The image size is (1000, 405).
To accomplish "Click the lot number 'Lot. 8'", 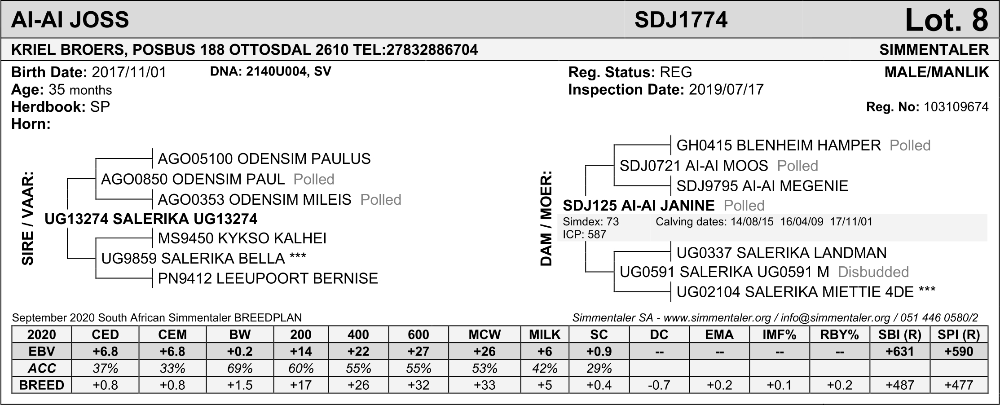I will point(947,20).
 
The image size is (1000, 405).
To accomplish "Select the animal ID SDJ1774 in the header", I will point(681,20).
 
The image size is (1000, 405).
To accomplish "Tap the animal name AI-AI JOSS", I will point(70,20).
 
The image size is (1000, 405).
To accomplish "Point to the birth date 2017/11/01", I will point(129,72).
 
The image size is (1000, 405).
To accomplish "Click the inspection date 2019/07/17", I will point(726,90).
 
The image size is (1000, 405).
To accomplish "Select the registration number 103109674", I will point(956,107).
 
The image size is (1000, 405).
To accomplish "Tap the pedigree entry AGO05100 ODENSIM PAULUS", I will point(264,159).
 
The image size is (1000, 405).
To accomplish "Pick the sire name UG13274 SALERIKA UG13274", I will point(151,219).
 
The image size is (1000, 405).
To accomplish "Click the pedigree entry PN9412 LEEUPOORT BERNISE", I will point(268,279).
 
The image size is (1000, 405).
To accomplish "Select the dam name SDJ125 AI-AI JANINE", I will point(639,206).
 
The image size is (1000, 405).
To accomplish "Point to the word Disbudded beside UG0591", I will point(873,272).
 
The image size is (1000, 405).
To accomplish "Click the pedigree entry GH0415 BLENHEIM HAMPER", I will point(779,145).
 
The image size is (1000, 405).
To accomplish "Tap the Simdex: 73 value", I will point(590,222).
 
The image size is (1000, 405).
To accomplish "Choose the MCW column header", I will point(485,335).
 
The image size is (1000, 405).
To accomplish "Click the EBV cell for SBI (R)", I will point(899,352).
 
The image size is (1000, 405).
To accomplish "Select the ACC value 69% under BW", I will point(240,369).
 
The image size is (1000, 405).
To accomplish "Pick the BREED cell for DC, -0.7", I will point(659,385).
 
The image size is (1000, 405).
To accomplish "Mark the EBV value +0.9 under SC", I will point(599,352).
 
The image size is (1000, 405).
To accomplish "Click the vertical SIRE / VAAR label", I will point(28,218).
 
